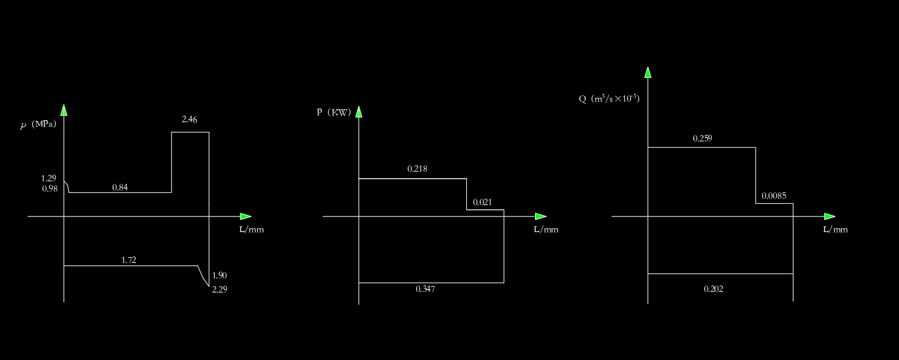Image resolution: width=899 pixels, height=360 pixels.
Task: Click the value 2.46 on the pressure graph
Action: click(189, 119)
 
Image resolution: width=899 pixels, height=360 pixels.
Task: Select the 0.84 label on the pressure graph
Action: click(120, 187)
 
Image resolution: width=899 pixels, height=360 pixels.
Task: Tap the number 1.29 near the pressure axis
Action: click(49, 178)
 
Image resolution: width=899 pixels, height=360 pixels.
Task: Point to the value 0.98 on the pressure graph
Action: click(50, 188)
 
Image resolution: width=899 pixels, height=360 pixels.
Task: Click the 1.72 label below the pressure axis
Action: click(129, 260)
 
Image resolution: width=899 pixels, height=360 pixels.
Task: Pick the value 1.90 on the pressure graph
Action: click(219, 275)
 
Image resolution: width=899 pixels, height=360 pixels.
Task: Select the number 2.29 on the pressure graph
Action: click(219, 289)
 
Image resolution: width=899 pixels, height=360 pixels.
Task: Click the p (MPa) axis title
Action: click(39, 125)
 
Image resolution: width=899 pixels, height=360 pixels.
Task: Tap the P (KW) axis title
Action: click(334, 113)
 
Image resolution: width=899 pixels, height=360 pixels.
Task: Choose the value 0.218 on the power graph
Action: click(417, 169)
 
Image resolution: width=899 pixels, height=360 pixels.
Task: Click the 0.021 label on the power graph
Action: click(482, 203)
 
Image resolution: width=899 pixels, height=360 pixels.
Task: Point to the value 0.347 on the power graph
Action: click(425, 289)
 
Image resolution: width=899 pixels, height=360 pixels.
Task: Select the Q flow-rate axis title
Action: click(609, 99)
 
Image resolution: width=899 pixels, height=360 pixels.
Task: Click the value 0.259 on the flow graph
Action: click(702, 138)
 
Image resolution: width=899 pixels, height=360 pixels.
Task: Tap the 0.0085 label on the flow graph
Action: click(774, 196)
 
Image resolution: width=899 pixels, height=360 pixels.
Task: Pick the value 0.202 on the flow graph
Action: click(713, 289)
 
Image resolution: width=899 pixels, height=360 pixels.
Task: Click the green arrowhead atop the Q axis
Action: click(648, 72)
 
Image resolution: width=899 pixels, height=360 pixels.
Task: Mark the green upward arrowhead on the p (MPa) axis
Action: click(64, 110)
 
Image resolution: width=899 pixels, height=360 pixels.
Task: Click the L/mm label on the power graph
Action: click(546, 230)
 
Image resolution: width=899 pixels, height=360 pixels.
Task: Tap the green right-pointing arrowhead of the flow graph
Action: click(830, 216)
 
